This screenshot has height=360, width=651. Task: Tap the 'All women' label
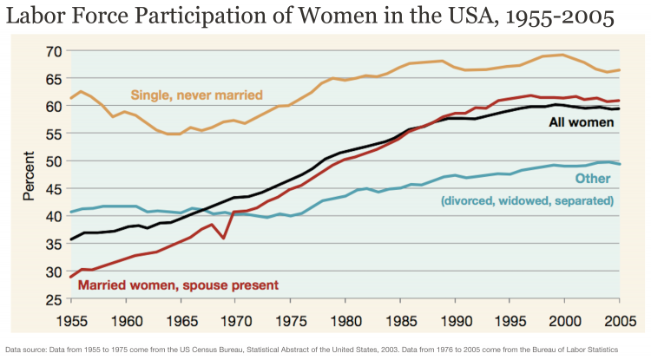click(x=581, y=122)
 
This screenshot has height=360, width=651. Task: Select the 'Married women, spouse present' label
click(x=178, y=285)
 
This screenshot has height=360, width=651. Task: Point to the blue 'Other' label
click(x=595, y=179)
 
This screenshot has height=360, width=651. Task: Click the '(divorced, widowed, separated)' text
click(x=527, y=200)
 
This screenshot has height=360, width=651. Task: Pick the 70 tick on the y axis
click(x=54, y=51)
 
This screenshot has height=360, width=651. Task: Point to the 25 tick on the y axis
click(x=54, y=299)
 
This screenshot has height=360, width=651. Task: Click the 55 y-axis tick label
click(x=54, y=134)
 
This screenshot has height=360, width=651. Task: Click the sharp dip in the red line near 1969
click(x=225, y=238)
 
